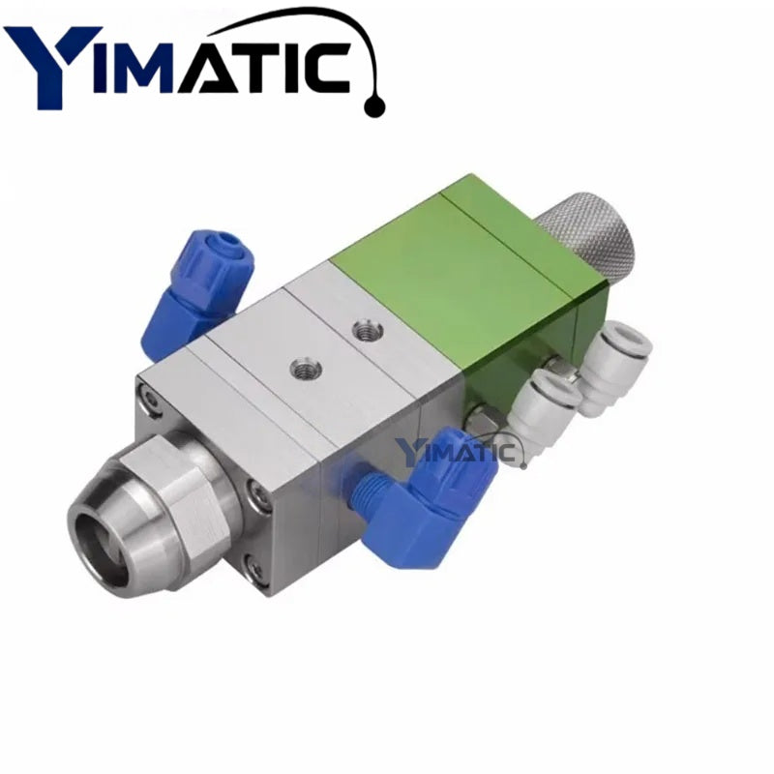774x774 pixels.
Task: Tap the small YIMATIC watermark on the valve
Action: click(x=461, y=450)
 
